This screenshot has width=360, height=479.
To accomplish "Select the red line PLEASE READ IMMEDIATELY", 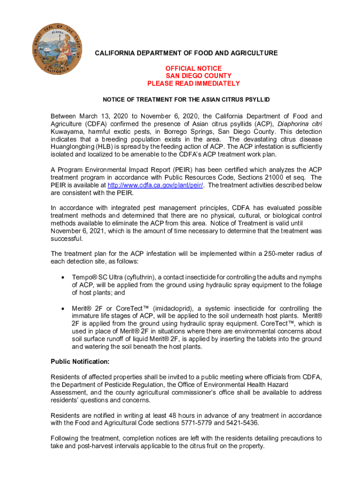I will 194,83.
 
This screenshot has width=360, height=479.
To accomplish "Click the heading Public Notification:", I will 80,362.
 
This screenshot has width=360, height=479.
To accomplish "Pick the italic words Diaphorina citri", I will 300,124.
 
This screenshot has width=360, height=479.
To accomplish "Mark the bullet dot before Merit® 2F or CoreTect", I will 63,308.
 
